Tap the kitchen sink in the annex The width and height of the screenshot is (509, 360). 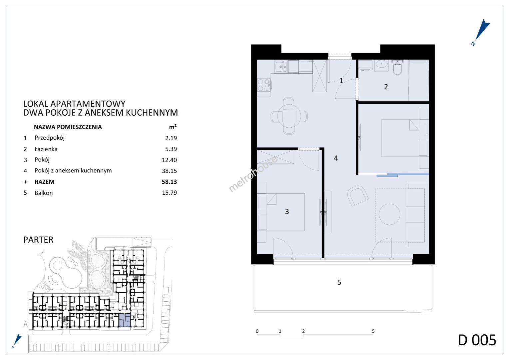click(x=281, y=66)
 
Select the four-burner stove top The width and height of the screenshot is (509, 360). click(x=264, y=85)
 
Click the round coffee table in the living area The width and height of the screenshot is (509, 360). click(x=389, y=214)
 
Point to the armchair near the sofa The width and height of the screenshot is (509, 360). click(x=358, y=196)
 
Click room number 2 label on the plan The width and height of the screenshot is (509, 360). click(x=386, y=87)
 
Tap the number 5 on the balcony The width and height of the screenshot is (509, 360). click(x=339, y=282)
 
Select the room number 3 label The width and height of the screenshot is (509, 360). click(x=287, y=211)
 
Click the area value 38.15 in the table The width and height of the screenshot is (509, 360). click(x=169, y=171)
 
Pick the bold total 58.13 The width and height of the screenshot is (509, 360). click(x=169, y=182)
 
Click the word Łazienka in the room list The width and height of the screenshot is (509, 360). click(x=46, y=149)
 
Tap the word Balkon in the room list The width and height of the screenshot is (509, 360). click(x=44, y=193)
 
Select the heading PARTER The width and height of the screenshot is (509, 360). click(x=38, y=240)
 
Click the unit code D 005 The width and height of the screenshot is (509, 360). click(x=477, y=340)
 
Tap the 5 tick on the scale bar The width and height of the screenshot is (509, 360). click(x=373, y=331)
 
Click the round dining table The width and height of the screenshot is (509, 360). click(x=289, y=116)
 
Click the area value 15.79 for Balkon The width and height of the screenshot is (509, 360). click(x=169, y=193)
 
